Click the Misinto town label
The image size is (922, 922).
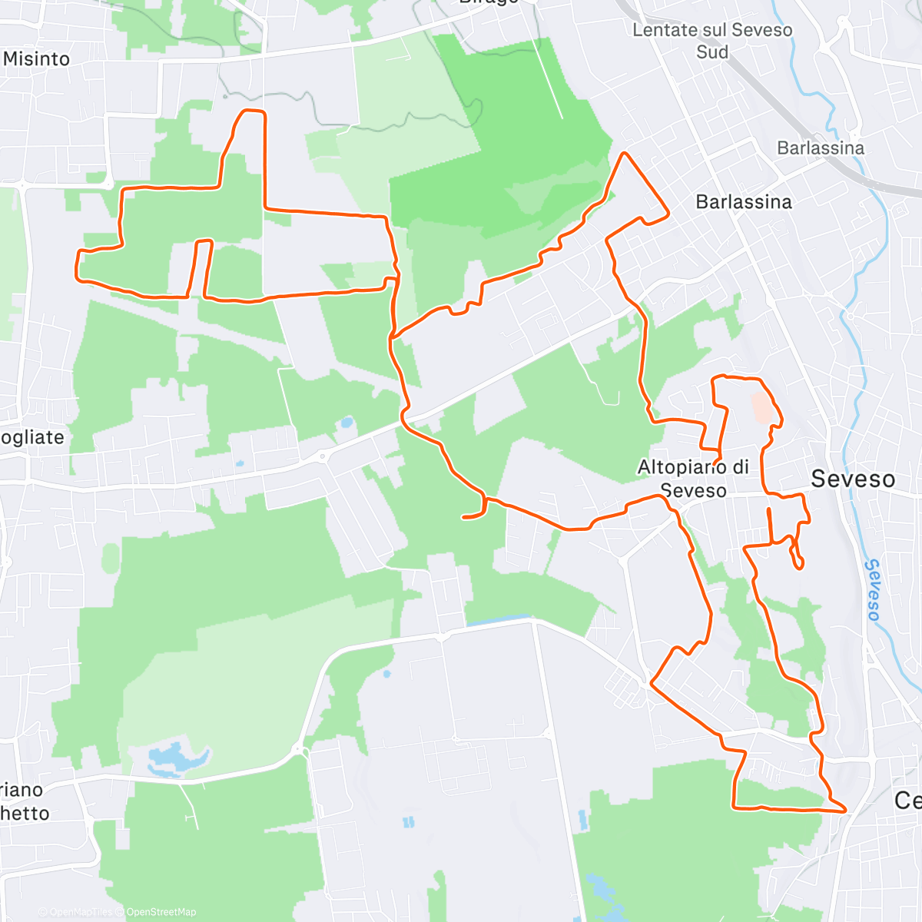[x=36, y=59]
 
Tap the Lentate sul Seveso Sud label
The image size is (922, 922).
[x=712, y=41]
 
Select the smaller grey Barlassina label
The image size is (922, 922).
[x=821, y=148]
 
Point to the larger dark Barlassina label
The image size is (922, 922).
[x=743, y=202]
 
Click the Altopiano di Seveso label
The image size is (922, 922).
[x=693, y=478]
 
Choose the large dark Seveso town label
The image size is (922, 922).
[x=853, y=479]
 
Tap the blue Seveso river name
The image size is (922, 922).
[x=873, y=590]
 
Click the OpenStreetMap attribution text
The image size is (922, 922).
[x=161, y=912]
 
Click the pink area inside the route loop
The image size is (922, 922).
[x=761, y=407]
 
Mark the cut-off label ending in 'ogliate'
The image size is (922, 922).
[x=32, y=437]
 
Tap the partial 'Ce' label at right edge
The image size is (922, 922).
[x=907, y=801]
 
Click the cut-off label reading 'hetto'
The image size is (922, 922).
[x=25, y=814]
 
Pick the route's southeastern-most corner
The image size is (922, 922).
[x=844, y=809]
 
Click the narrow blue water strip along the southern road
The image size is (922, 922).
[x=499, y=619]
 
